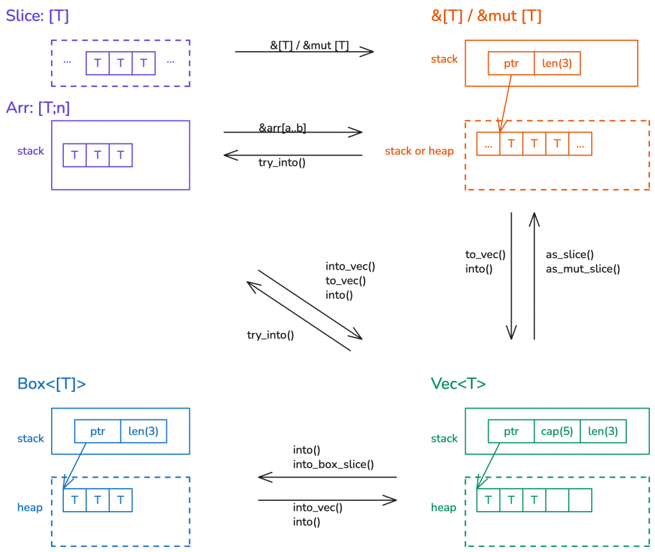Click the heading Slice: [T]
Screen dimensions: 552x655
37,15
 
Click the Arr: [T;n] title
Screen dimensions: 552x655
38,108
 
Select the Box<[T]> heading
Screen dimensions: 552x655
51,384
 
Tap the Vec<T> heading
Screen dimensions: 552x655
458,384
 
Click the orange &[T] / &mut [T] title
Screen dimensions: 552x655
487,15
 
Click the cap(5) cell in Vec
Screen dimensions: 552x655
556,431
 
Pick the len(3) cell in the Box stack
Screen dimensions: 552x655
143,431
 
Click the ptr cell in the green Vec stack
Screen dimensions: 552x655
510,431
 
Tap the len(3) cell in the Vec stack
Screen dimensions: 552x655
603,431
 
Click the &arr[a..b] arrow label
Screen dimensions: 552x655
282,128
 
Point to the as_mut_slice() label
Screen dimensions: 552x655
583,269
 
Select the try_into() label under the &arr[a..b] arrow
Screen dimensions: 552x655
282,162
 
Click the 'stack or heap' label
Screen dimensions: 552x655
419,151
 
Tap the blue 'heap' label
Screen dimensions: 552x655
30,508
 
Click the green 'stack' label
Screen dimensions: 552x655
444,439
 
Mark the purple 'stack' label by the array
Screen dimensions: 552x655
31,151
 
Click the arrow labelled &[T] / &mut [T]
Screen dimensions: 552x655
304,52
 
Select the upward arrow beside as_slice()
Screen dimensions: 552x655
534,275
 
